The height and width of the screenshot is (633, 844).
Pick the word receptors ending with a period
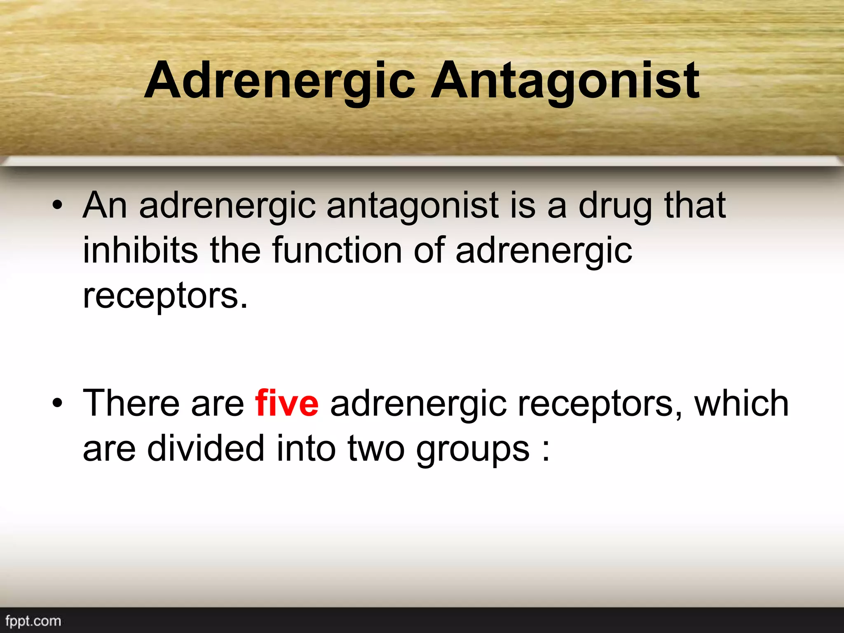point(165,297)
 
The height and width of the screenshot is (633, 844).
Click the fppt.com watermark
point(33,621)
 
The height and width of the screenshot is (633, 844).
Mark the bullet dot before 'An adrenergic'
point(57,206)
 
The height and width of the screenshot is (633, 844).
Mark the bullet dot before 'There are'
point(57,403)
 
